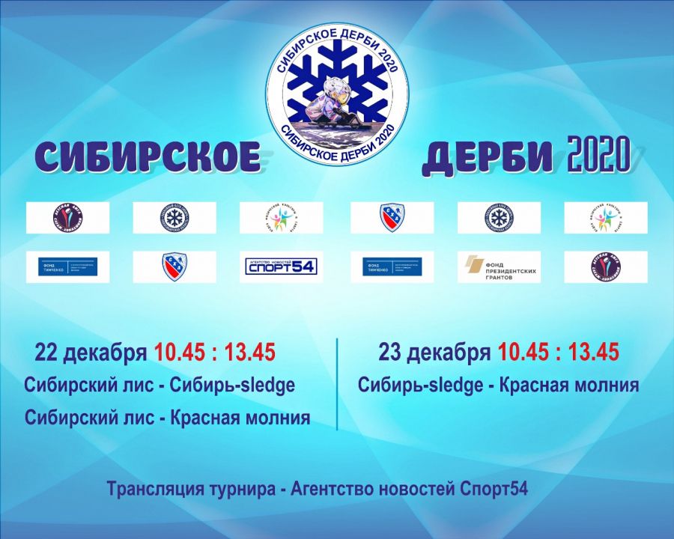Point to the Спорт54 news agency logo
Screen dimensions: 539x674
tap(281, 266)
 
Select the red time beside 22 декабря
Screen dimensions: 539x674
tap(215, 352)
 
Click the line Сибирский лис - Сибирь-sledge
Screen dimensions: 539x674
tap(159, 386)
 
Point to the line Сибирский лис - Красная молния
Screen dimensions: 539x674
tap(167, 418)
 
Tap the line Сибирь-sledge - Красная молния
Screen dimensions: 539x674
tap(498, 386)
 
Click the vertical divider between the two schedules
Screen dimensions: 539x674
tap(337, 384)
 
